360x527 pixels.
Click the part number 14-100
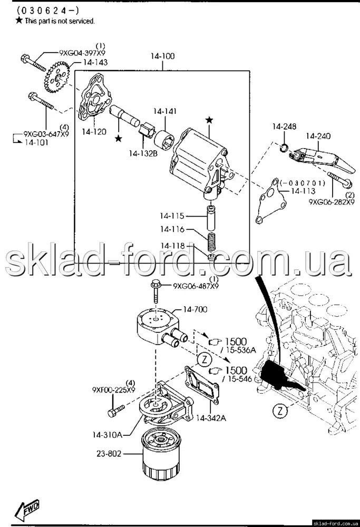(x=162, y=56)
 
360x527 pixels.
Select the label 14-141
(x=165, y=111)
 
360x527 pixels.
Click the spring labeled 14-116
(x=211, y=243)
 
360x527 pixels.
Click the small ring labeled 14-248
(x=284, y=147)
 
